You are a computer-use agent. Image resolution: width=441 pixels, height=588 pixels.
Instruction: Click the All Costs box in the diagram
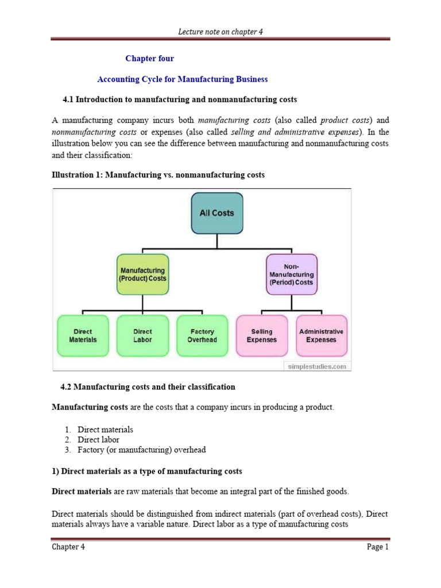coord(216,213)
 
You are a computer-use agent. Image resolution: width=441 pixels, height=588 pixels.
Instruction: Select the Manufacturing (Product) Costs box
coord(142,274)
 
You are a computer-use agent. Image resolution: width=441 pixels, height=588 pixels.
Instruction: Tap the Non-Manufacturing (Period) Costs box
coord(291,274)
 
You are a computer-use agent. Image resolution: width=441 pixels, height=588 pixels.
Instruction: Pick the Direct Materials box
coord(83,335)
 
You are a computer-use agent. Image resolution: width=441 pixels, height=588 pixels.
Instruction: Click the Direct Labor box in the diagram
coord(142,335)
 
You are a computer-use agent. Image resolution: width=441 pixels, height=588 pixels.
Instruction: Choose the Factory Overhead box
coord(202,335)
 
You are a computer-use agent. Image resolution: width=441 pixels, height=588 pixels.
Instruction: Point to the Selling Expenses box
coord(262,335)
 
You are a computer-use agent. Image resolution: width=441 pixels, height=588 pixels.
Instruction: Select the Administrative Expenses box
coord(321,335)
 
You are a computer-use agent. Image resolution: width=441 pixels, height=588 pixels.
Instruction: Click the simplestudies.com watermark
coord(316,366)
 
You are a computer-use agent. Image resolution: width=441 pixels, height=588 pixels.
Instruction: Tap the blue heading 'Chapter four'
coord(149,59)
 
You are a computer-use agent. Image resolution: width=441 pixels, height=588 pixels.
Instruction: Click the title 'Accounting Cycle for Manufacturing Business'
coord(183,79)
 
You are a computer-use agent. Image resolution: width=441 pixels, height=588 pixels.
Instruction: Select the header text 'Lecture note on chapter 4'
coord(220,32)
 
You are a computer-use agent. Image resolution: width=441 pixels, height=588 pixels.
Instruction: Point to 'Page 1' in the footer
coord(378,547)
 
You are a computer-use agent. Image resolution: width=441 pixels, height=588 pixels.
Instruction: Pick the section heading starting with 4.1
coord(180,99)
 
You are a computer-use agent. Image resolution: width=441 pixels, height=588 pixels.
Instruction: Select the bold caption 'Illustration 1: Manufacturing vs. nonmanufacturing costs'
coord(158,175)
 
